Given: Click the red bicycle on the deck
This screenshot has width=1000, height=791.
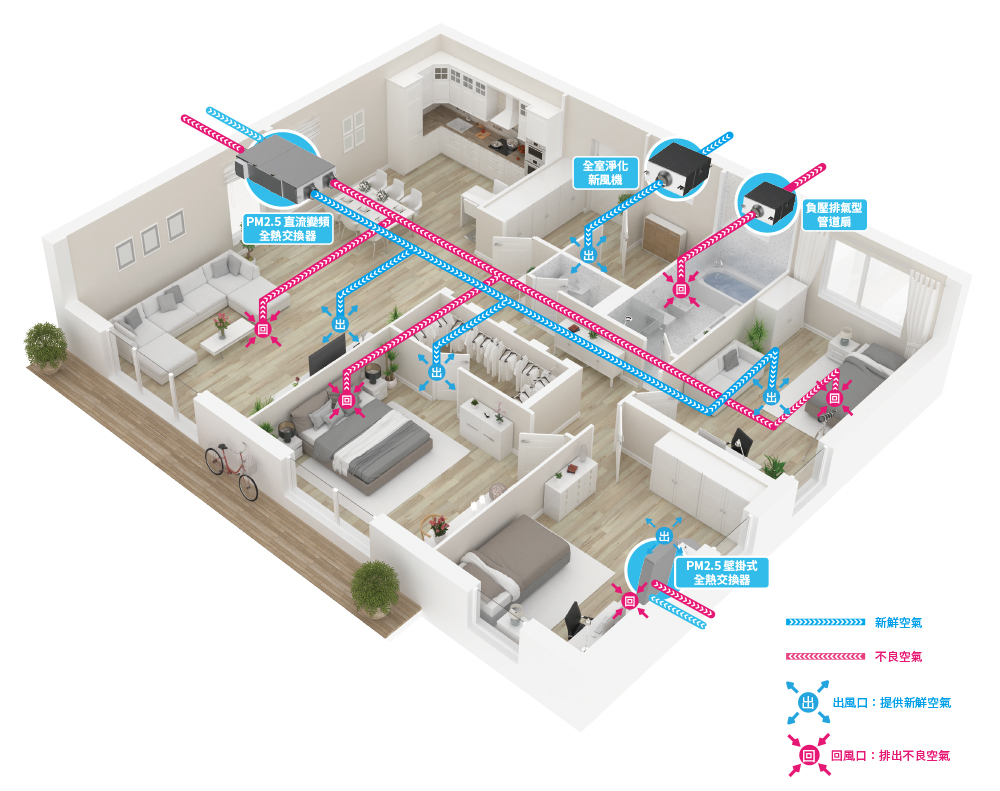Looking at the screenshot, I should (x=231, y=469).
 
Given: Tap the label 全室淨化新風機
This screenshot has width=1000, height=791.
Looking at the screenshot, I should (x=603, y=172).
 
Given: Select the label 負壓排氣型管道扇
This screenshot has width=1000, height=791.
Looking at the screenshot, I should (x=834, y=214).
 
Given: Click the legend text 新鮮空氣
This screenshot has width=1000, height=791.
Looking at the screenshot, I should (x=897, y=622).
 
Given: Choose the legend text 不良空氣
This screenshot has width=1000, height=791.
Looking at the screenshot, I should (x=897, y=657).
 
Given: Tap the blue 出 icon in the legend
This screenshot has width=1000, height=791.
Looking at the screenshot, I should (x=807, y=702).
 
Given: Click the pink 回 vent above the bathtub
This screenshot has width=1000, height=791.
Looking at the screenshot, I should (x=680, y=290).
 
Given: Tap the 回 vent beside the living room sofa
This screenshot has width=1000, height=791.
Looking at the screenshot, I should (x=264, y=329).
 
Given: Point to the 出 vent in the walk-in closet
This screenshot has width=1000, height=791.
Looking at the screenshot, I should (x=436, y=372).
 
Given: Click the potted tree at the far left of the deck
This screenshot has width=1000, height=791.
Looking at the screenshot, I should (x=45, y=343).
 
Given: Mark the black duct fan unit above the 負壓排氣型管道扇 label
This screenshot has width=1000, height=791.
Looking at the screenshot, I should (x=770, y=199).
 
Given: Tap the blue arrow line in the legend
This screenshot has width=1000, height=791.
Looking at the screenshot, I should (x=824, y=622).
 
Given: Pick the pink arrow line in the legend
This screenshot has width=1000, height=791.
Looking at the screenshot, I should (x=824, y=657).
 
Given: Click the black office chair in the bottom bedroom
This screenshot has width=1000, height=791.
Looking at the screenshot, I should (x=575, y=620).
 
